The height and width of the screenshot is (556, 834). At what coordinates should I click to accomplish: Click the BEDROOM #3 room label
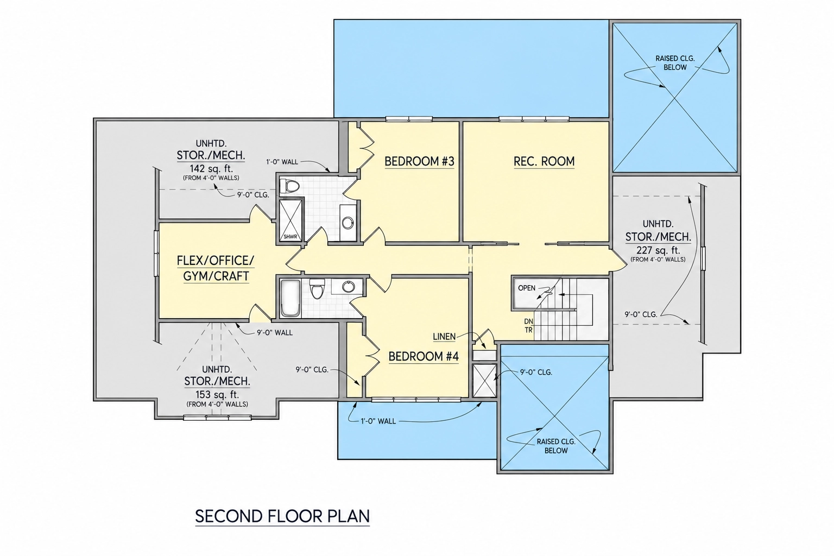(x=419, y=162)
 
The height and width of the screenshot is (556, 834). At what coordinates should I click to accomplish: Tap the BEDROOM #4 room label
(x=424, y=356)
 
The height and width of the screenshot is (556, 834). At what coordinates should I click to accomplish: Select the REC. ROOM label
(x=544, y=161)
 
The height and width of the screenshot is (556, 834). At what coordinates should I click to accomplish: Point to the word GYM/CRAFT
(x=216, y=276)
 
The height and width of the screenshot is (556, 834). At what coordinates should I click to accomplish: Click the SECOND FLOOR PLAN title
(x=282, y=516)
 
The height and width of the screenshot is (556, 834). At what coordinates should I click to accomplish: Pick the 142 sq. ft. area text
(x=211, y=168)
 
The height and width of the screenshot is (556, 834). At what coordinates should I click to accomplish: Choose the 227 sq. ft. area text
(x=658, y=250)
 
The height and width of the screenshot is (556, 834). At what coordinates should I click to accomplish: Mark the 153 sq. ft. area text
(x=217, y=394)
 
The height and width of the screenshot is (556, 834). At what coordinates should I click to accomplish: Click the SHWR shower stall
(x=291, y=221)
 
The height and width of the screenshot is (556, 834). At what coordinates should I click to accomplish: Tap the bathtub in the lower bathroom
(x=290, y=299)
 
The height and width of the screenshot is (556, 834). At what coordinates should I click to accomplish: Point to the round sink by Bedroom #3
(x=348, y=223)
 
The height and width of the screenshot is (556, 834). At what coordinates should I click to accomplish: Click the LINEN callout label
(x=444, y=337)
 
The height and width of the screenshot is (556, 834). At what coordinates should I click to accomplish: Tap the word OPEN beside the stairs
(x=527, y=288)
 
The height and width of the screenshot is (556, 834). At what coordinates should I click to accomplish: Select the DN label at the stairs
(x=529, y=321)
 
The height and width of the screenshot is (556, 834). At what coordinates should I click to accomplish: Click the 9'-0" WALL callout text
(x=275, y=333)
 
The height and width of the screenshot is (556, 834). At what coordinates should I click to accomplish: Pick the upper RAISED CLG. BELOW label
(x=675, y=63)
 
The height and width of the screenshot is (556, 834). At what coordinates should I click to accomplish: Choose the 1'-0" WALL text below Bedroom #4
(x=378, y=421)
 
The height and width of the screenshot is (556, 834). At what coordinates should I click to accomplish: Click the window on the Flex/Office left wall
(x=157, y=253)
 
